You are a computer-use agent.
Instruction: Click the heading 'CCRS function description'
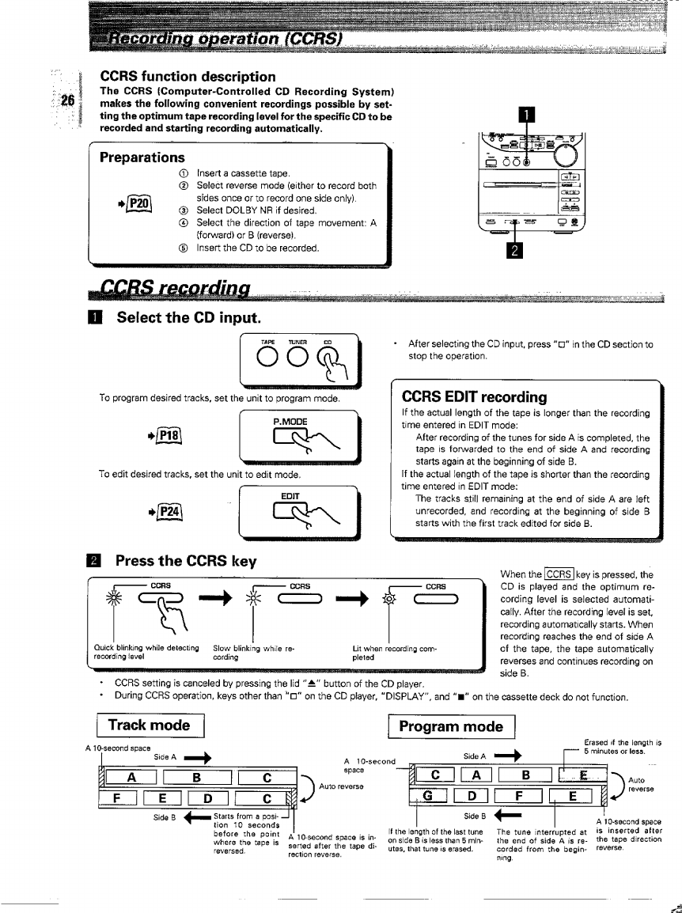(188, 77)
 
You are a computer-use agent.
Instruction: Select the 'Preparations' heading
(142, 157)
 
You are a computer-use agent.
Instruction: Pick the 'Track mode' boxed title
(149, 725)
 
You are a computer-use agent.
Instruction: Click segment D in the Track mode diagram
(211, 796)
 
